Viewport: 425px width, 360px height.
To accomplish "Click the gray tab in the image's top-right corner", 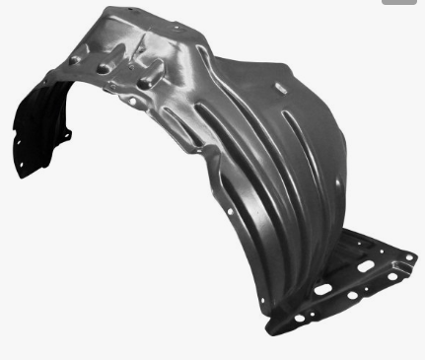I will point(403,4).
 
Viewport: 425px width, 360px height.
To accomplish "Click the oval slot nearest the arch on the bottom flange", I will point(322,289).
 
